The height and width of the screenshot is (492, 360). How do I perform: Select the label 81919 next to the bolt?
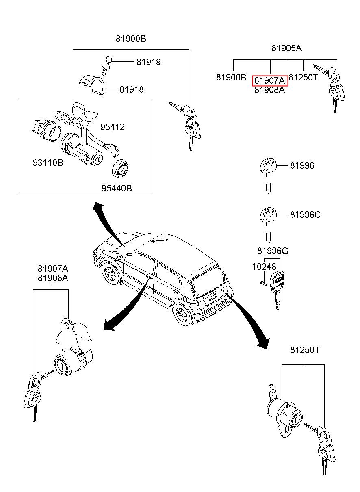coord(148,62)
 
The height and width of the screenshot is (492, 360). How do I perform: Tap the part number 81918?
coord(131,90)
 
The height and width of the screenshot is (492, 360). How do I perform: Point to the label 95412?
coord(113,127)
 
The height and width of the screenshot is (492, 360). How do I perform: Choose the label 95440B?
coord(117,188)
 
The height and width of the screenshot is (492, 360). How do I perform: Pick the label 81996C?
coord(305,215)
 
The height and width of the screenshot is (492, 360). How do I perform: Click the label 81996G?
coord(273,251)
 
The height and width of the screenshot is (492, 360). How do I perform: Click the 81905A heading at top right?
coord(286,48)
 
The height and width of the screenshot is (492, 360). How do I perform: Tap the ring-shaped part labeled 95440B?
coord(120,168)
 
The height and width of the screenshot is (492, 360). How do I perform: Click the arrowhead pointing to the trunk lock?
coord(263,344)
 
